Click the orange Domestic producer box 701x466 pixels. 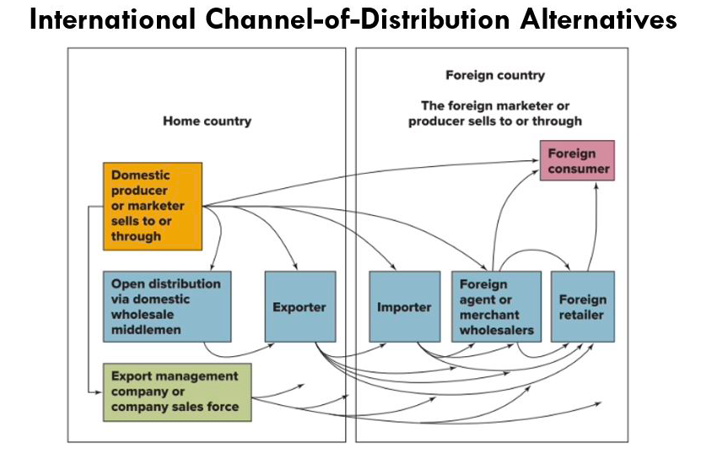[153, 206]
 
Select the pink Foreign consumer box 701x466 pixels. [577, 161]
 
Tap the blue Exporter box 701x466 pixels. [299, 306]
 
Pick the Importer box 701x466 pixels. [404, 306]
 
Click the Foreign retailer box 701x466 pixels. [582, 306]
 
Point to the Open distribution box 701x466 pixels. [167, 306]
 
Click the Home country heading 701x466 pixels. [207, 121]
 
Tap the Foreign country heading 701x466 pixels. [495, 75]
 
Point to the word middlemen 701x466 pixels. [146, 330]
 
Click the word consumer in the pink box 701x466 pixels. [578, 170]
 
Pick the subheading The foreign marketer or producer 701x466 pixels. [495, 113]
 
